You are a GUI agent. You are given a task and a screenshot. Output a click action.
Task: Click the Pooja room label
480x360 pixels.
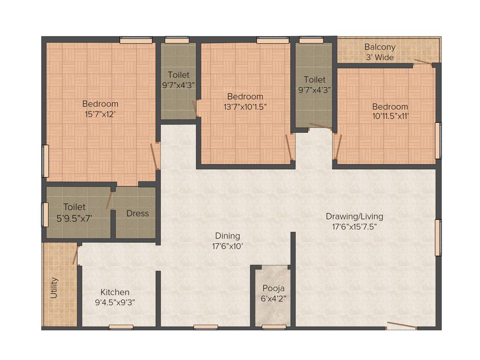(x=273, y=288)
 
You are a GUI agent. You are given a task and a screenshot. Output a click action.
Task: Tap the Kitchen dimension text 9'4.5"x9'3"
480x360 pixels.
(x=115, y=302)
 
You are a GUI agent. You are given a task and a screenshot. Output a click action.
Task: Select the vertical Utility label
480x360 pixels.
(x=54, y=287)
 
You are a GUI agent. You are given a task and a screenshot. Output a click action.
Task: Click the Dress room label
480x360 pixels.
(x=137, y=213)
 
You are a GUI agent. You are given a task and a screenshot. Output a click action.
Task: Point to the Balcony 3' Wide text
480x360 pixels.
(x=380, y=52)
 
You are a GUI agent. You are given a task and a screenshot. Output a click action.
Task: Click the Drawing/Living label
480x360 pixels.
(x=354, y=217)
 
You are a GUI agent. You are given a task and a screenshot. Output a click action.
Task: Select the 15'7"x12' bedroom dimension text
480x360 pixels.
(x=100, y=113)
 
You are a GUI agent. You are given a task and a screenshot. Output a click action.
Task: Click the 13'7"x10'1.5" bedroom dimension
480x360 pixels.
(x=245, y=106)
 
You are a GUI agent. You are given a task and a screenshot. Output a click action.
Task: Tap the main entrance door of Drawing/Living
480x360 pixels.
(x=401, y=326)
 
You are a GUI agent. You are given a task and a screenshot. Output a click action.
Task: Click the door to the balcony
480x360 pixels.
(x=423, y=62)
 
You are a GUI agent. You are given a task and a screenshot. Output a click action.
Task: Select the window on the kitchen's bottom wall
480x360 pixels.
(x=121, y=327)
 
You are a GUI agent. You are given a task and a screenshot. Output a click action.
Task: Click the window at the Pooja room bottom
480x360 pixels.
(x=274, y=327)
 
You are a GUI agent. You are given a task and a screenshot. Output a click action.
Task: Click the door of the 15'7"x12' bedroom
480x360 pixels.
(x=154, y=157)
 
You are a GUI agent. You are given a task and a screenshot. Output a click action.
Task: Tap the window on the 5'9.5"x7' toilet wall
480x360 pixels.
(x=45, y=215)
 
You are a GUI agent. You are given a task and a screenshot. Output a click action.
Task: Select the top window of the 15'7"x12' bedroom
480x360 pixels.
(x=136, y=41)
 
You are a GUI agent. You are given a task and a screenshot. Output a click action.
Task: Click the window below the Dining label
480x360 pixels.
(x=205, y=327)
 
